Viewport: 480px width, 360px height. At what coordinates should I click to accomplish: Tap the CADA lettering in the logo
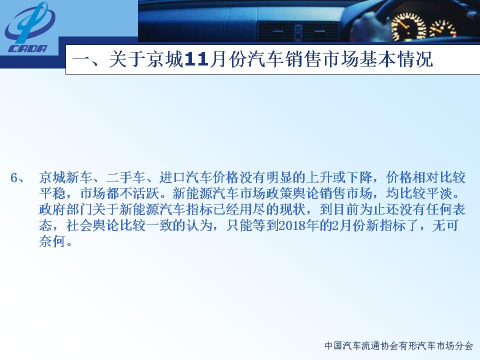(x=27, y=48)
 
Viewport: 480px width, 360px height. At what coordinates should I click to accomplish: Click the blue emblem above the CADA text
(x=30, y=22)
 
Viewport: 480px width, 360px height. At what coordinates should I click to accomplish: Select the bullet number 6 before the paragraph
(x=13, y=177)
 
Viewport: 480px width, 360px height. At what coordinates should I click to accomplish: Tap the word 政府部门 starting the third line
(x=65, y=209)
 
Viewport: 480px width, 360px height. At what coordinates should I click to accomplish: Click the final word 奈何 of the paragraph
(x=52, y=241)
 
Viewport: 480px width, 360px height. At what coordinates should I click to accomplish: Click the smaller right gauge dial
(x=443, y=29)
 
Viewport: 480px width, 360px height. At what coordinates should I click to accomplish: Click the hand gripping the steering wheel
(x=371, y=24)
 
